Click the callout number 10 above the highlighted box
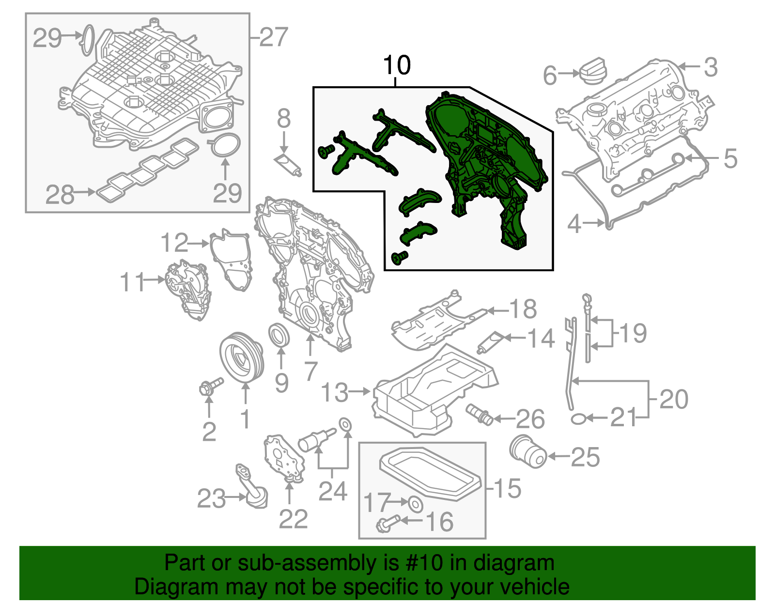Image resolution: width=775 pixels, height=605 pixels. click(397, 65)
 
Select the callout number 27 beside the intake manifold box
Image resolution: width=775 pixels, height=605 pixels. click(274, 37)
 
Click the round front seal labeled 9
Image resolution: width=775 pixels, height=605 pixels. click(279, 336)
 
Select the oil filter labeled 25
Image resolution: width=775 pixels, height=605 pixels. click(528, 451)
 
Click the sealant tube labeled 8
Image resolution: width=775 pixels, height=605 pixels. click(288, 164)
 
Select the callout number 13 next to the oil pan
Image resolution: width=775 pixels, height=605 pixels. click(335, 392)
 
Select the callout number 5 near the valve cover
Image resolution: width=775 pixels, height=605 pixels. click(730, 159)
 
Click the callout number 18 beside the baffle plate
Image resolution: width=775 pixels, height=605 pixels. click(523, 309)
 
